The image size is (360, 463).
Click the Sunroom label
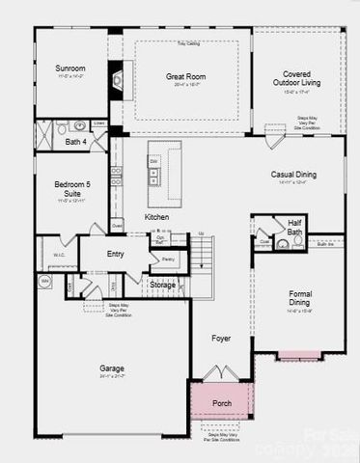point(70,68)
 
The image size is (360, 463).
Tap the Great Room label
point(185,76)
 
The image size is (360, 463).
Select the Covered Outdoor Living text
point(296,78)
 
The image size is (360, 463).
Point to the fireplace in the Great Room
point(116,81)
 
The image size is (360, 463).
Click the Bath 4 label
point(76,142)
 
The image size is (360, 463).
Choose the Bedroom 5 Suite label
point(71,187)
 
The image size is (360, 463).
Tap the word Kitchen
point(156,217)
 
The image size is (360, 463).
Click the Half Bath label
point(294,227)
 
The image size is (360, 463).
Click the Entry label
point(115,254)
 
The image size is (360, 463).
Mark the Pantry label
point(167,259)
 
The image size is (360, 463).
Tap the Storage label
point(162,285)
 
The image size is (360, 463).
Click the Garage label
point(112,368)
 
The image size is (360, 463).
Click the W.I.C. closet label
point(58,255)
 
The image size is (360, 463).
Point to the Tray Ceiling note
point(187,43)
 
